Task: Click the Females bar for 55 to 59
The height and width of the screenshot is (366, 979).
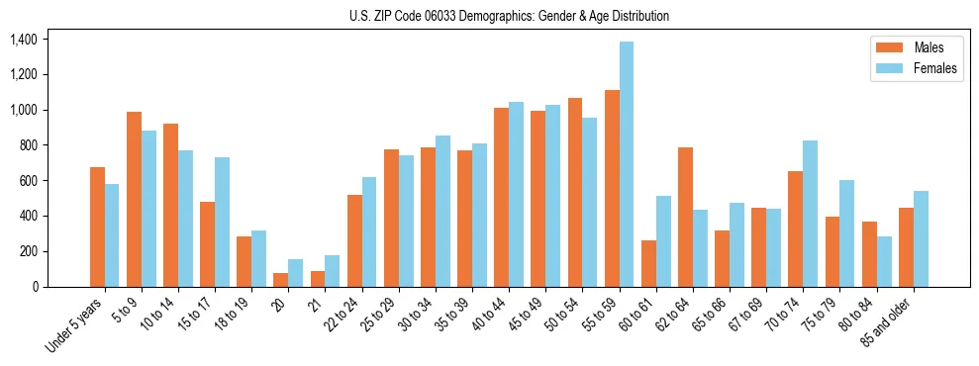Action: (627, 164)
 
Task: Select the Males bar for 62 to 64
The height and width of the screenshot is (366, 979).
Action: (685, 217)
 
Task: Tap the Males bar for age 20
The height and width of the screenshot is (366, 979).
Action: (281, 280)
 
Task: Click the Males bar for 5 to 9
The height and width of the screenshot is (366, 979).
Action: (134, 199)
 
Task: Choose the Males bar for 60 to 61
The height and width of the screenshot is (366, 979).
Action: (648, 263)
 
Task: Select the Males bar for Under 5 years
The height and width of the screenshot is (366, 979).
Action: (97, 227)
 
